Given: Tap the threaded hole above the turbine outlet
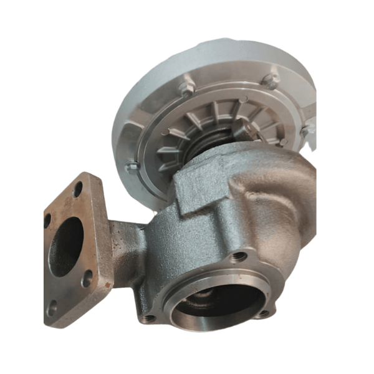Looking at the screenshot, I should [x=236, y=256].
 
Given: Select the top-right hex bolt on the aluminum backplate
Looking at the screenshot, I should [x=270, y=80].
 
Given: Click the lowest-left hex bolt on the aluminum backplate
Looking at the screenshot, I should [x=132, y=166].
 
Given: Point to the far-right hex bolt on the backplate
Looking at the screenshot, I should [x=306, y=132].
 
